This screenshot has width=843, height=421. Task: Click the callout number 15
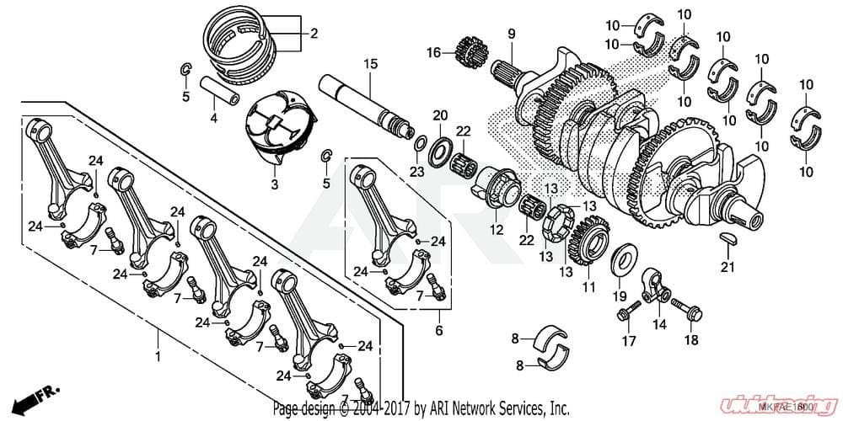[368, 65]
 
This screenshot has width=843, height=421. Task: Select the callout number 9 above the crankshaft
[510, 33]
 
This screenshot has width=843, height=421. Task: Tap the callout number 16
[433, 53]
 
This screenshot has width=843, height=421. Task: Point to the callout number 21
[728, 268]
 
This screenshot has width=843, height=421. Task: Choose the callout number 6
[438, 331]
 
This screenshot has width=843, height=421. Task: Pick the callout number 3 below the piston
[274, 182]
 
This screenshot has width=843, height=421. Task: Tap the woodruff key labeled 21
[730, 239]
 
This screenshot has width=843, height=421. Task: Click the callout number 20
[439, 115]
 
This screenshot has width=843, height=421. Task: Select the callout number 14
[658, 324]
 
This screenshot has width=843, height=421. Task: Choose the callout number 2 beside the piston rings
[314, 35]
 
